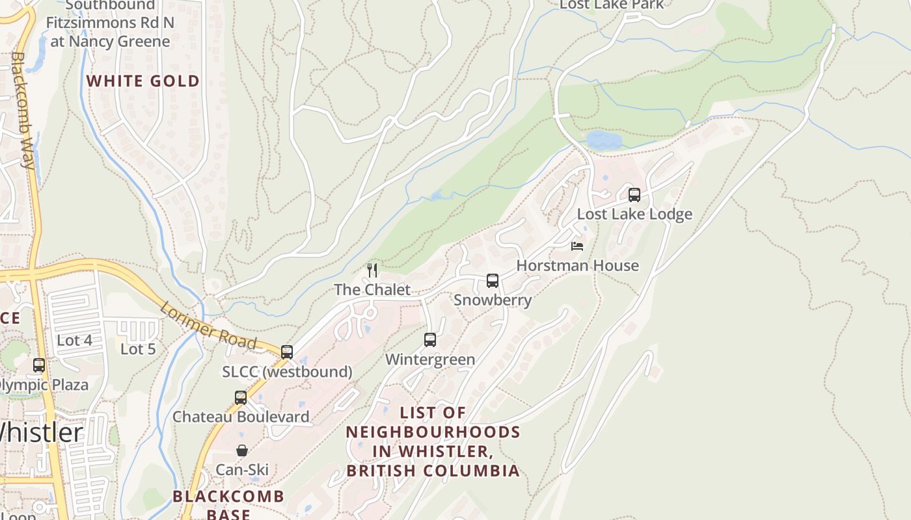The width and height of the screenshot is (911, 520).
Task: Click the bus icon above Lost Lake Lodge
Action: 634,194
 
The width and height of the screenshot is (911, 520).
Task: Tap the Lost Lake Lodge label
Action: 634,214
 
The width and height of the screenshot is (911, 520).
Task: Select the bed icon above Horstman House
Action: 577,246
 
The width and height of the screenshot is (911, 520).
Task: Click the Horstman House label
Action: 577,266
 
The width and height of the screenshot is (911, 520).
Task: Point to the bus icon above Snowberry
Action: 493,281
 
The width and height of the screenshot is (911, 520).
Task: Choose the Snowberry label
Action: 493,300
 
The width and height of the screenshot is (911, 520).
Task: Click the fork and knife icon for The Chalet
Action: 372,270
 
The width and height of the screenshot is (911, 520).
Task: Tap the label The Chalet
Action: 372,290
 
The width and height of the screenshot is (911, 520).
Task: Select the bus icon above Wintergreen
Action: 430,339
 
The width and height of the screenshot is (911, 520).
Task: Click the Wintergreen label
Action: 430,359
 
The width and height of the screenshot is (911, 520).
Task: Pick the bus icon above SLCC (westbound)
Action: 287,352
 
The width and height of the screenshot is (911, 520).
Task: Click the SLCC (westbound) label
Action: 287,372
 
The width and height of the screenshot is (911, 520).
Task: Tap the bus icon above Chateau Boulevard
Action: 241,397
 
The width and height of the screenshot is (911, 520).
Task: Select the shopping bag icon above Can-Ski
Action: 242,450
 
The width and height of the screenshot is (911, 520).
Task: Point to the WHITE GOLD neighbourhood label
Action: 143,81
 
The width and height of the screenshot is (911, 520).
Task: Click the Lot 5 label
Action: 138,349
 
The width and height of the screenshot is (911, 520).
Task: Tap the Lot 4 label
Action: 74,340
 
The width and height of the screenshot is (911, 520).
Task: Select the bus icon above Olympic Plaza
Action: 39,365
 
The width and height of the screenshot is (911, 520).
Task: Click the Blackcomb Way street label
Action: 22,110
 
